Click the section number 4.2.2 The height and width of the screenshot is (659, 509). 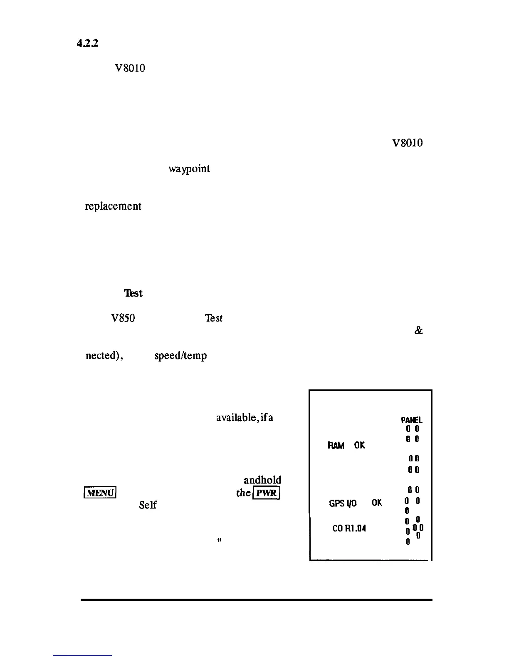(87, 43)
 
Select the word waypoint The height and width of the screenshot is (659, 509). (189, 169)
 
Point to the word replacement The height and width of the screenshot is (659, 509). (113, 206)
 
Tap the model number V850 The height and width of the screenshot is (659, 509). (123, 318)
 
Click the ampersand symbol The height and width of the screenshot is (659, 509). (418, 331)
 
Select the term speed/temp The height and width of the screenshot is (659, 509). (180, 356)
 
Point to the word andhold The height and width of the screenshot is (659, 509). (262, 480)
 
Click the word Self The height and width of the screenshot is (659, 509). (148, 505)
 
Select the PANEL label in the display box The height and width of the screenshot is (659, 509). (412, 420)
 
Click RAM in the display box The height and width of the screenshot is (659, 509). (336, 446)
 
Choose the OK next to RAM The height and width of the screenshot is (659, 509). (359, 446)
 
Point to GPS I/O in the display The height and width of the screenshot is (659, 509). (343, 503)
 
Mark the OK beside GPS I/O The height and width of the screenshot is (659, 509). (377, 503)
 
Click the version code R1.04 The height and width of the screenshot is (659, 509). (355, 529)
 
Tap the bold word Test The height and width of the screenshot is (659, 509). (133, 293)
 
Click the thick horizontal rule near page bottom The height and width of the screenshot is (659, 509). (256, 600)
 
